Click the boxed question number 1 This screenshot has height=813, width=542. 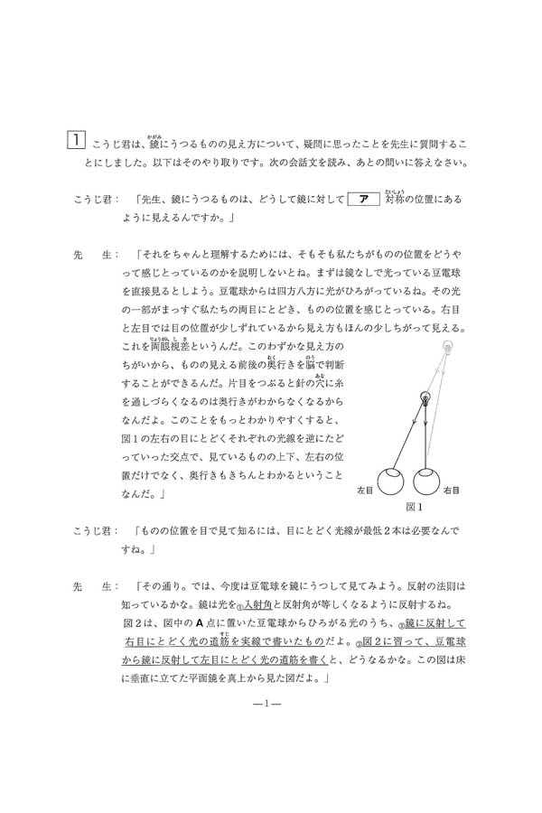[x=78, y=142]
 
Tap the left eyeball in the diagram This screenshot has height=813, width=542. [x=391, y=482]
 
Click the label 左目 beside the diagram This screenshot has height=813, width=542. [x=366, y=490]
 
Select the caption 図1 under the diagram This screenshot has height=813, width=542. [x=415, y=505]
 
